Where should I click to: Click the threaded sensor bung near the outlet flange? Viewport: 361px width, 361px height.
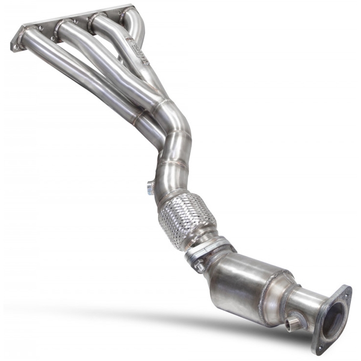pyautogui.click(x=294, y=323)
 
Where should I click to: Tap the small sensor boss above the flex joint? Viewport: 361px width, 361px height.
pyautogui.click(x=149, y=188)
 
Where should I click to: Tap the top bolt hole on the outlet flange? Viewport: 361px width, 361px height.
pyautogui.click(x=347, y=292)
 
